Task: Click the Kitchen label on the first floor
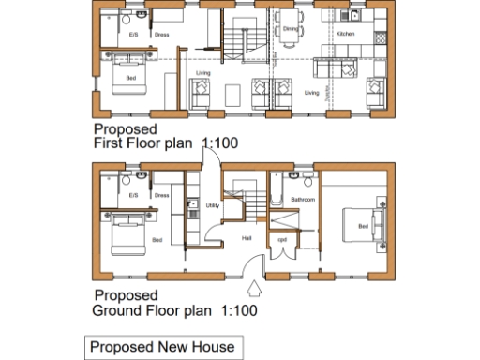(345, 34)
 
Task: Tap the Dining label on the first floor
(290, 29)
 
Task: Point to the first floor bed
(128, 76)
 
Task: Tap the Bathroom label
(302, 200)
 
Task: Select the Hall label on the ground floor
(247, 238)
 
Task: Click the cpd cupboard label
(281, 239)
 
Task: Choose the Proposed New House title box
(161, 348)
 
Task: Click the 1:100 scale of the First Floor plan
(221, 144)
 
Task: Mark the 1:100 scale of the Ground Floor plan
(238, 308)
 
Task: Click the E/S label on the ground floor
(133, 195)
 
